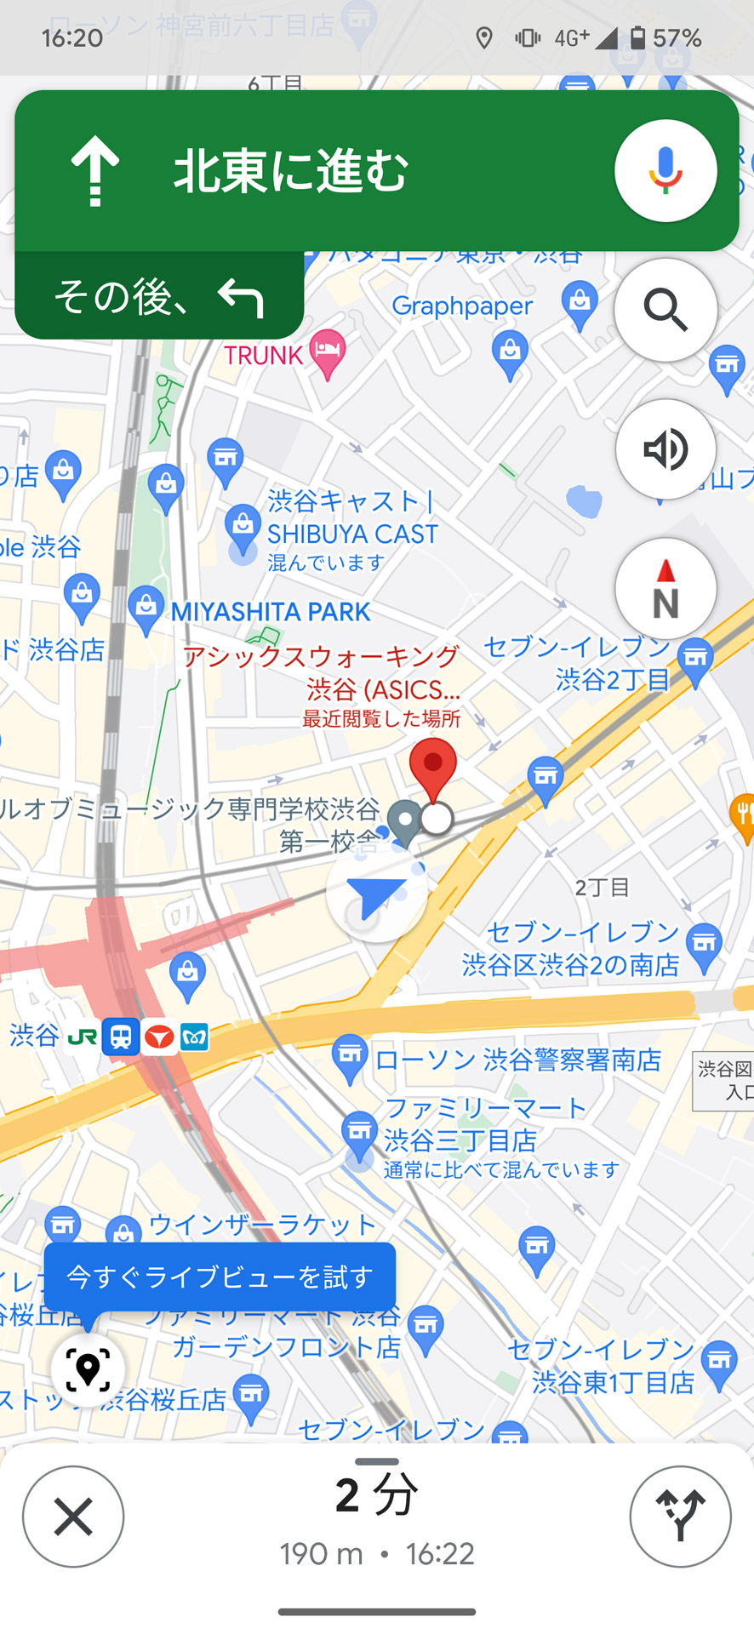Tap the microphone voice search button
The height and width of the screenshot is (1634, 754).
coord(665,170)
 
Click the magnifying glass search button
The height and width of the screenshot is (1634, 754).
coord(665,310)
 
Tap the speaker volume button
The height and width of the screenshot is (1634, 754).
coord(665,449)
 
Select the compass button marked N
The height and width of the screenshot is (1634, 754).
coord(665,589)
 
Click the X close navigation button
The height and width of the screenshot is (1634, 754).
coord(73,1517)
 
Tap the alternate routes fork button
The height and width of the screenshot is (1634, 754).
coord(680,1517)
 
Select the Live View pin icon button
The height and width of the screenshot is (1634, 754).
coord(88,1369)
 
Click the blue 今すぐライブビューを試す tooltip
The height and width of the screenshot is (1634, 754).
coord(220,1277)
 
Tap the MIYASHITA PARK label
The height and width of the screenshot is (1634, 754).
coord(271,612)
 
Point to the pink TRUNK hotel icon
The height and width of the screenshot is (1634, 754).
coord(328,351)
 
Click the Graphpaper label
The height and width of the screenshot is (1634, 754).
coord(462,306)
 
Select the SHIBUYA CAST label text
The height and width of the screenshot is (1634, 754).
coord(352,534)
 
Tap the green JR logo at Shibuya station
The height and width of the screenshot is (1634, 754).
coord(82,1037)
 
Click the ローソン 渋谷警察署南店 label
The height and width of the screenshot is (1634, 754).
coord(517,1060)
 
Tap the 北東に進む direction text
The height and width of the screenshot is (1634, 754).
coord(291,170)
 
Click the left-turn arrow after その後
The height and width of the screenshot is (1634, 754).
coord(241,298)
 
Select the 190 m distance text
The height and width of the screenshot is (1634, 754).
coord(322,1554)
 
